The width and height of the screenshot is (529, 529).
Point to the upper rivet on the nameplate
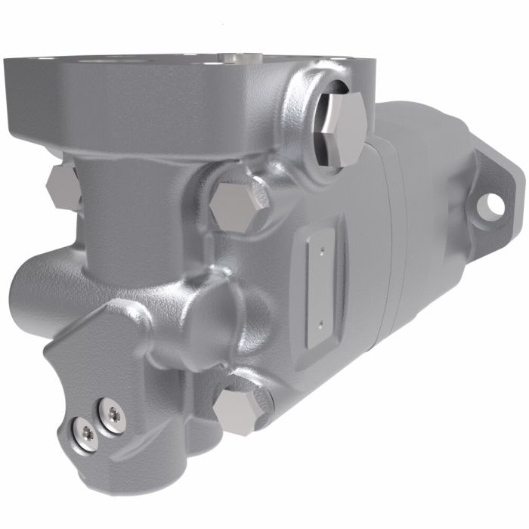320,246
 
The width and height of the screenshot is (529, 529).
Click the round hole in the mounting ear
494,203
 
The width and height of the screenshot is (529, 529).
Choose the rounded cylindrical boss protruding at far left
30,291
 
